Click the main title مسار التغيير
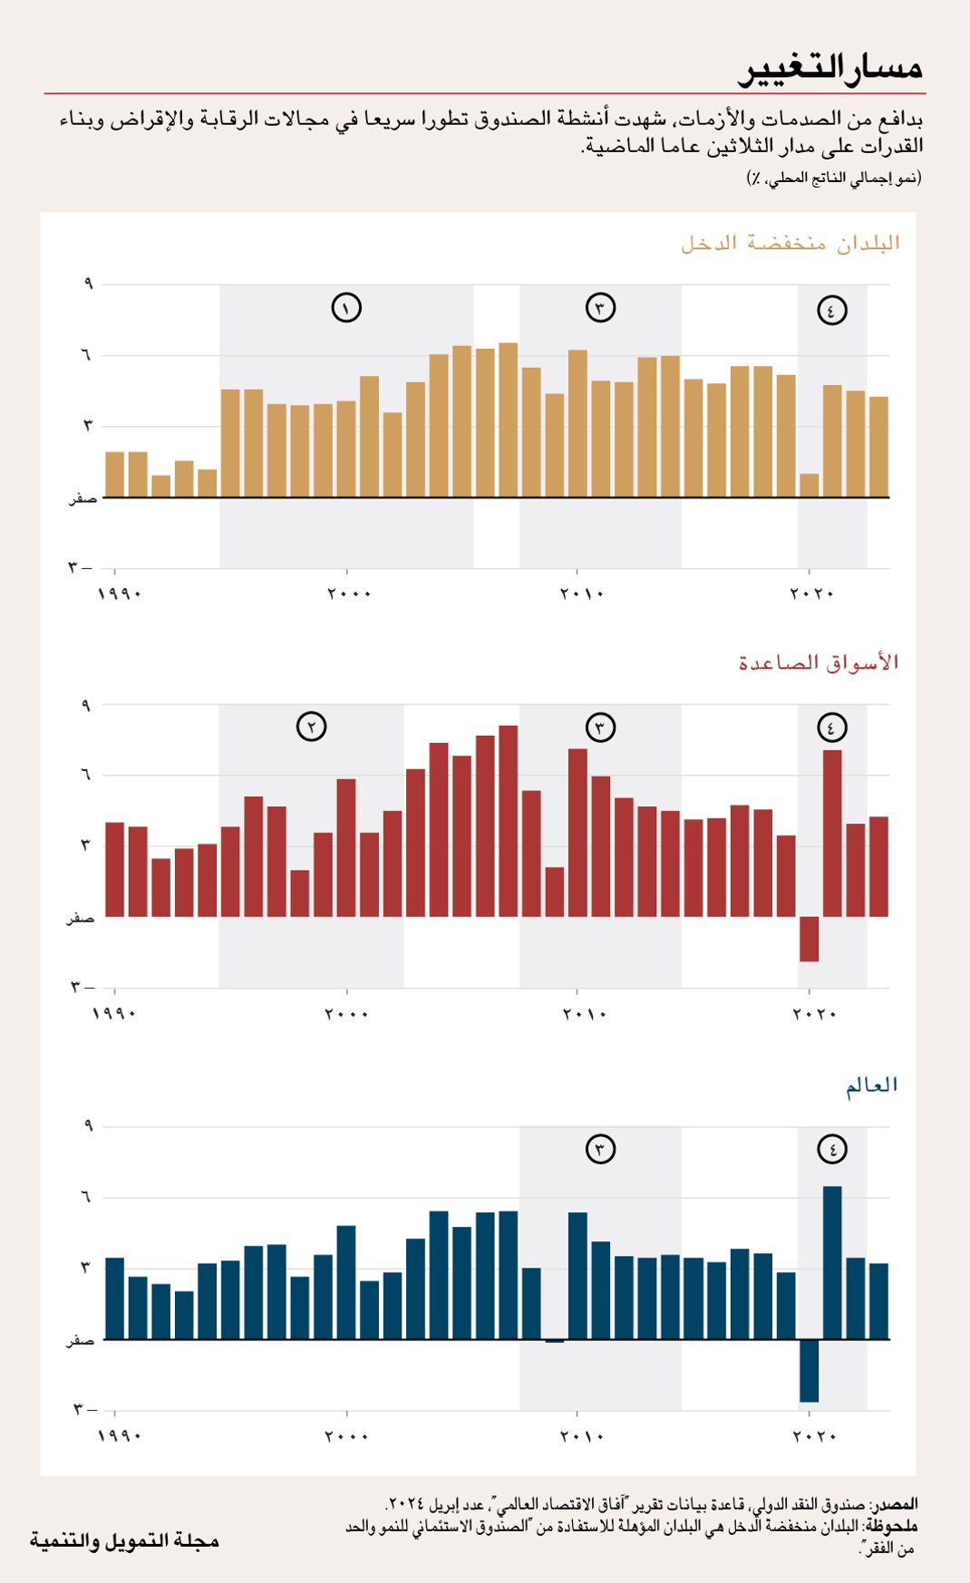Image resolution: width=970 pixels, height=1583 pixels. coord(831,68)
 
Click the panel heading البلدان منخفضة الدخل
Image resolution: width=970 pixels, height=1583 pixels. coord(791,243)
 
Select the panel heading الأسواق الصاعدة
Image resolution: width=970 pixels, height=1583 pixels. coord(818,662)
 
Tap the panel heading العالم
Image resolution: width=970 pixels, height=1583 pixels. coord(871,1085)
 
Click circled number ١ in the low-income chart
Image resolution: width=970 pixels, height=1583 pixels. coord(346,308)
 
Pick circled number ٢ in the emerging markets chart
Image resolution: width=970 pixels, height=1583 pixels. coord(311,727)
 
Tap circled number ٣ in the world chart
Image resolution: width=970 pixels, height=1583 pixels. coord(600,1149)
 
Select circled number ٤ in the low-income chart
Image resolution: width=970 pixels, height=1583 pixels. coord(831,310)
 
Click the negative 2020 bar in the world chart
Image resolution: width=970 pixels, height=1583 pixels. coord(809,1370)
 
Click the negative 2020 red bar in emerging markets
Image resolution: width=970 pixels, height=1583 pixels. coord(809,939)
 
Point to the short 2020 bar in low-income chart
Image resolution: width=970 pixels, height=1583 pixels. coord(809,486)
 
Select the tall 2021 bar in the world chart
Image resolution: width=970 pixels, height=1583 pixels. coord(832,1262)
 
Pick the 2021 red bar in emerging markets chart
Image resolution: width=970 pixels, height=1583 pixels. coord(832,834)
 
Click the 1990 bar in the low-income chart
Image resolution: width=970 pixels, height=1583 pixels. coord(114,474)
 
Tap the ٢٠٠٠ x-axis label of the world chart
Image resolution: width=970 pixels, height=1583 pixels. coord(347,1436)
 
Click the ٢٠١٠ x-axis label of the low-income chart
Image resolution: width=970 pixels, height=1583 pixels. coord(581,594)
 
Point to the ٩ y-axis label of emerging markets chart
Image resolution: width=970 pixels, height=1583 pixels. coord(86,705)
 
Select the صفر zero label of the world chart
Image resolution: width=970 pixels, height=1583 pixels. coord(80,1340)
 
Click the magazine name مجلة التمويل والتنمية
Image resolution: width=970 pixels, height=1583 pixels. coord(125,1540)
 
